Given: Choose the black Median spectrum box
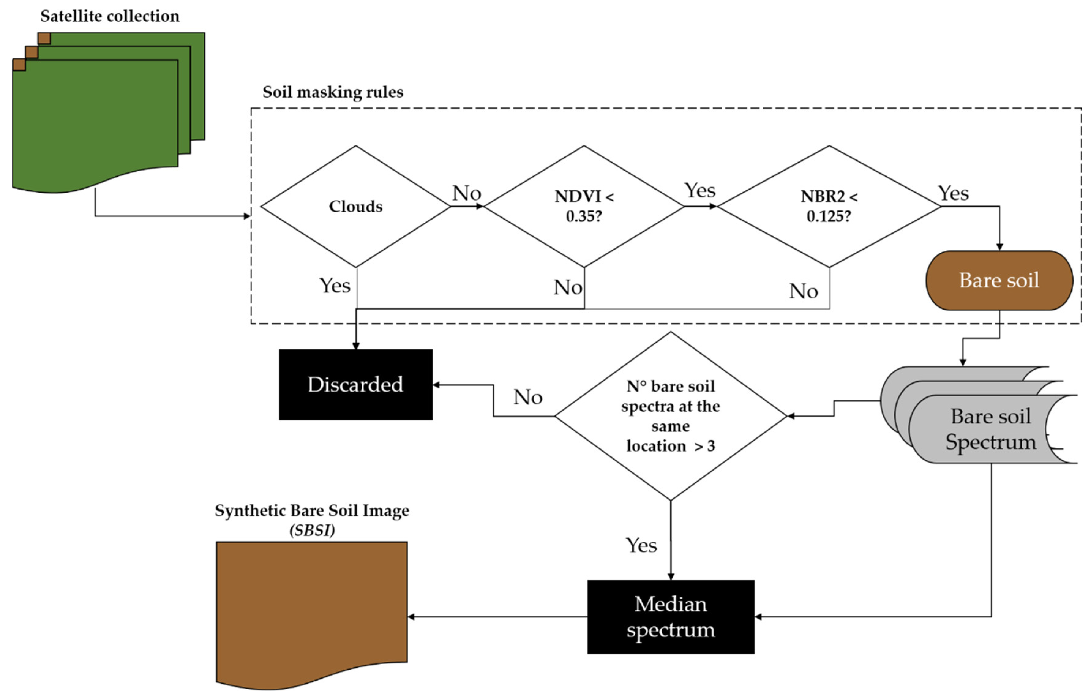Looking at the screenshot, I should coord(670,617).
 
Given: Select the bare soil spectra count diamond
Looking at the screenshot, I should coord(670,416).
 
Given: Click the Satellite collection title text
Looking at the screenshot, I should coord(110,16).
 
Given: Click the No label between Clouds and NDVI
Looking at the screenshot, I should coord(466,193).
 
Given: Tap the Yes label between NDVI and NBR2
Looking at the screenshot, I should coord(699,190).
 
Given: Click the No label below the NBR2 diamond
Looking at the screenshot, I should coord(803,291).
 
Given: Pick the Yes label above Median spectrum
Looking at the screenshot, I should coord(641,545).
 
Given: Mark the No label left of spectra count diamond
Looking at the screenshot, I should coord(527,397).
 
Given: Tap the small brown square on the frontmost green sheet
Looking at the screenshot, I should coord(19,65).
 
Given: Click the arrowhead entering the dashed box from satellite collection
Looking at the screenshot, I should coord(247,216).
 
